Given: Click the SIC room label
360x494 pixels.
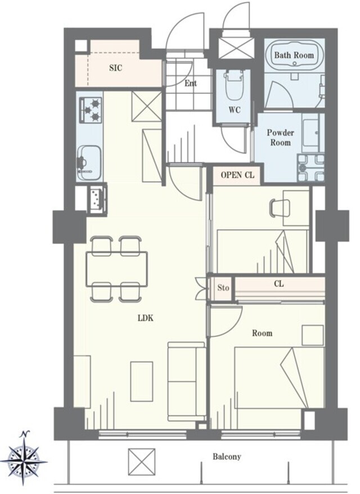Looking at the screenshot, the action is coord(116,68).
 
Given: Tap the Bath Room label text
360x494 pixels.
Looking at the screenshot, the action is coord(294,55).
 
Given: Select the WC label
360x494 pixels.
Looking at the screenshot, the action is coord(235,110).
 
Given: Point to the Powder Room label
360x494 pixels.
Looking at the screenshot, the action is coord(281,137).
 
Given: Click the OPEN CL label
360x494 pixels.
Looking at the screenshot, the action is coord(237,175).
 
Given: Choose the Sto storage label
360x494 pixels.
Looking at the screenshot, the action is coord(223,288).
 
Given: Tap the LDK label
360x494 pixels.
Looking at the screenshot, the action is coord(145,318).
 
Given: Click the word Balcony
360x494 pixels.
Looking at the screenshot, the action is coord(227,456).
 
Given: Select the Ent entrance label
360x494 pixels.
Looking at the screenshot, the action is coord(190,84).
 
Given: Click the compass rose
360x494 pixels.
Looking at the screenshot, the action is coord(24,459).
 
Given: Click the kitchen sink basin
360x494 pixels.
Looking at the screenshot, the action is coord(90,163).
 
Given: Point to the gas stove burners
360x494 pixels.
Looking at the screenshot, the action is coord(92,110).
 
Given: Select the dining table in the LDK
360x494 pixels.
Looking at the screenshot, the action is coord(117,269).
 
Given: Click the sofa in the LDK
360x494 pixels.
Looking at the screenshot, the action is coord(187,381).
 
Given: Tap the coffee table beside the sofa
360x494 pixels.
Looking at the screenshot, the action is coord(142,382).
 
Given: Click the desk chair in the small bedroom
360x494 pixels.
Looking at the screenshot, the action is coord(276,209).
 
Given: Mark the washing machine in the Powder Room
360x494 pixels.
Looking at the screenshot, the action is coord(310,168).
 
